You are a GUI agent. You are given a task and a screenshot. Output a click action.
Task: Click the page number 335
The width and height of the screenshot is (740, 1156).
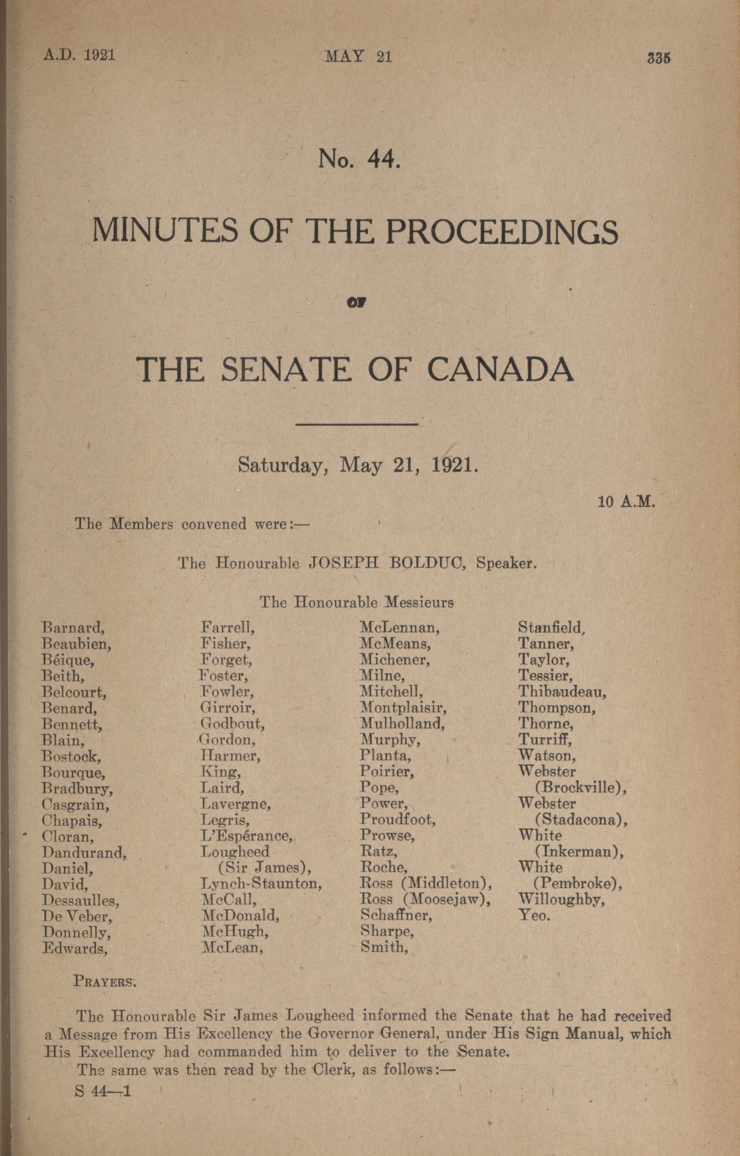pos(658,58)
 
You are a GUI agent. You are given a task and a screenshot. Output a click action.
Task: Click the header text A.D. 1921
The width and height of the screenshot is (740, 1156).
pos(79,55)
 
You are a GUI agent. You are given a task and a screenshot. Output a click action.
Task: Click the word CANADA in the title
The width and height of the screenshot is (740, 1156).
pos(500,371)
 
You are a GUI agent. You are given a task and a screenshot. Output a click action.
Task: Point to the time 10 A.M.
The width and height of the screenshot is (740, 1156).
pos(627,502)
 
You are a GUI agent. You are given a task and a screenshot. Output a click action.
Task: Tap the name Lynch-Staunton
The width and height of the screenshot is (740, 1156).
pos(261,883)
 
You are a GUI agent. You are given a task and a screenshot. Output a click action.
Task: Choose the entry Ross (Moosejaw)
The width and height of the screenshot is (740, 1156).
pos(425,900)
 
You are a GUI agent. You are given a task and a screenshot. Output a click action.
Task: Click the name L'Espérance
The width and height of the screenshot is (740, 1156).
pos(246,835)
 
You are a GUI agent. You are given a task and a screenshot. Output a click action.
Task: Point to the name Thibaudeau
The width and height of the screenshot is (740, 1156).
pos(562,692)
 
